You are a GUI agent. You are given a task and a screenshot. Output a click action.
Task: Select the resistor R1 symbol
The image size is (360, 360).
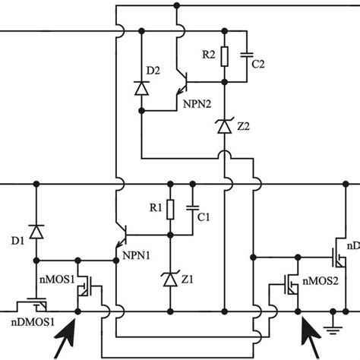coord(170,210)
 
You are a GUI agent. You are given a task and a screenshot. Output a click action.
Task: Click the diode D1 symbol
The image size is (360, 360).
coord(34,230)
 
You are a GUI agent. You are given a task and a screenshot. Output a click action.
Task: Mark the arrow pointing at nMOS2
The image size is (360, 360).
coord(310,336)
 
